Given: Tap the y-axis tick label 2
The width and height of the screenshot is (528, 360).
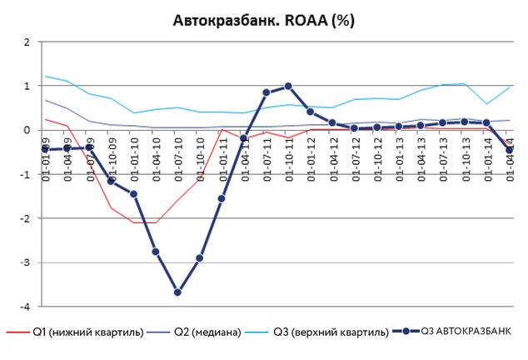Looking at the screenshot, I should (27, 42).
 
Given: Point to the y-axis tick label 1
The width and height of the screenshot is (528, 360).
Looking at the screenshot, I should (27, 86).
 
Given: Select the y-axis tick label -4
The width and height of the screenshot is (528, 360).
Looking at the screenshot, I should (26, 307).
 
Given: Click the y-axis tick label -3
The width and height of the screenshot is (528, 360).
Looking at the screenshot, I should (26, 262).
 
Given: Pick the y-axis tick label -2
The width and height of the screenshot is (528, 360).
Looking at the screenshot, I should (26, 218).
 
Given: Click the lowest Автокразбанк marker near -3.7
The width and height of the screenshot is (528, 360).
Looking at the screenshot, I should (177, 292).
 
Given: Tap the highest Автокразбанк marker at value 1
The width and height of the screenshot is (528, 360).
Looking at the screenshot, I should (288, 86).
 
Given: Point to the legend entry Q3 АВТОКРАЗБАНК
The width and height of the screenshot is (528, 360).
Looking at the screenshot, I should (454, 332).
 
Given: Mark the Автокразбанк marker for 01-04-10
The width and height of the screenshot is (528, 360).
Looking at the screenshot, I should (156, 252).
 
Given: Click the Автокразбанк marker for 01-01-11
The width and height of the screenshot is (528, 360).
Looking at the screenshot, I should (222, 198).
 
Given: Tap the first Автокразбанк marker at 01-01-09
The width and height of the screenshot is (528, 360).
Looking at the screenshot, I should (45, 150).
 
